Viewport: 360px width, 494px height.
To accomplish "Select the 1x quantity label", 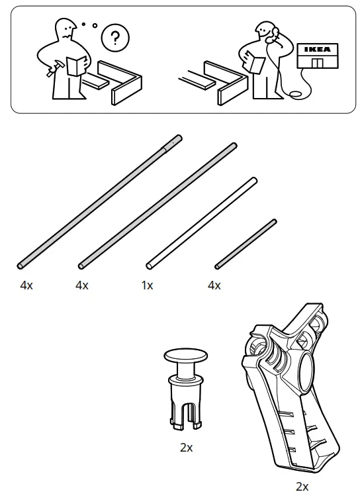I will [147, 285].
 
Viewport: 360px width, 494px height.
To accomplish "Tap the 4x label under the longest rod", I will [27, 285].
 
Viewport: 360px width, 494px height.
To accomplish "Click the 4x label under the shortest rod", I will [214, 285].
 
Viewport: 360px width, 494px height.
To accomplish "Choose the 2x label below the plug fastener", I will [186, 448].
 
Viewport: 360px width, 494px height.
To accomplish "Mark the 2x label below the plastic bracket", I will [302, 487].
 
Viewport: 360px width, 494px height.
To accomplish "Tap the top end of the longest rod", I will [177, 139].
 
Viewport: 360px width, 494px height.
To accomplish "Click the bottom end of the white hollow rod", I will [150, 266].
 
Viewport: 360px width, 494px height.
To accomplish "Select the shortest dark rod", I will [246, 243].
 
